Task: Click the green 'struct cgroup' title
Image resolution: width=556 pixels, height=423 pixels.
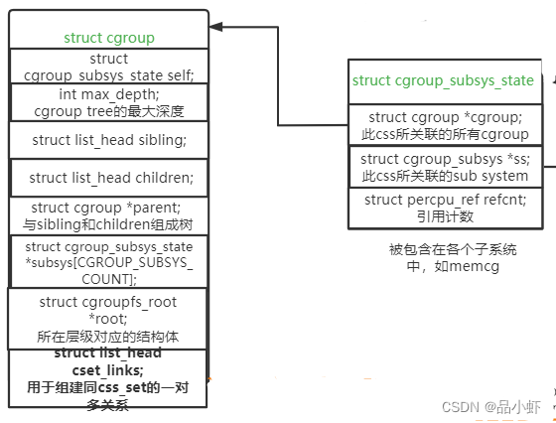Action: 109,38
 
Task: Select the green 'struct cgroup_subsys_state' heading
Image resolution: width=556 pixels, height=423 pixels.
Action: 443,80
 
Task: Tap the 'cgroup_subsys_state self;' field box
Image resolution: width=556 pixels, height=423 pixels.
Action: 109,67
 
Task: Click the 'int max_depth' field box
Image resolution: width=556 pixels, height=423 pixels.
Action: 109,101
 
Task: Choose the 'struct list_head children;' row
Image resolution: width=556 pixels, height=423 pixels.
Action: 109,178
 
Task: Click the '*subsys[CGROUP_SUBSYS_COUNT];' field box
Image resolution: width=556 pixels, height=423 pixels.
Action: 109,262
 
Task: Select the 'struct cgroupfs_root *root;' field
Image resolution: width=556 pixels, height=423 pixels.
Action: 108,318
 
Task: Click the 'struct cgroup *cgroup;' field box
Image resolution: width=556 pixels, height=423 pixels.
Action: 443,125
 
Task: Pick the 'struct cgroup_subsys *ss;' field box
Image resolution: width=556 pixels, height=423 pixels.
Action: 443,167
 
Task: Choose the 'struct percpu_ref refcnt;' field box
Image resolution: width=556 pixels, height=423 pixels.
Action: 443,208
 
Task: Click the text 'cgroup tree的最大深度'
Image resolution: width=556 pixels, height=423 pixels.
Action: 109,111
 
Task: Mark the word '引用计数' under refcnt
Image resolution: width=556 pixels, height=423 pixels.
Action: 443,216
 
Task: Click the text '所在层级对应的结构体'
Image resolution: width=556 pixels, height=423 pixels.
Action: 108,336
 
